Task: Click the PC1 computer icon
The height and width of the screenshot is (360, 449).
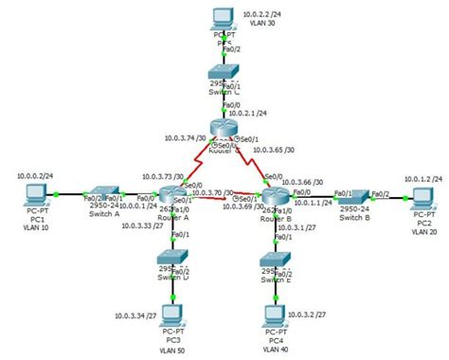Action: click(35, 196)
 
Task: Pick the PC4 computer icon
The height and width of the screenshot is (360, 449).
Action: click(275, 315)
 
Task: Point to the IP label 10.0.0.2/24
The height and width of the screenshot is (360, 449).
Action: click(34, 175)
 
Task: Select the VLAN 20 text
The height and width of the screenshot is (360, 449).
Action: click(423, 232)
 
